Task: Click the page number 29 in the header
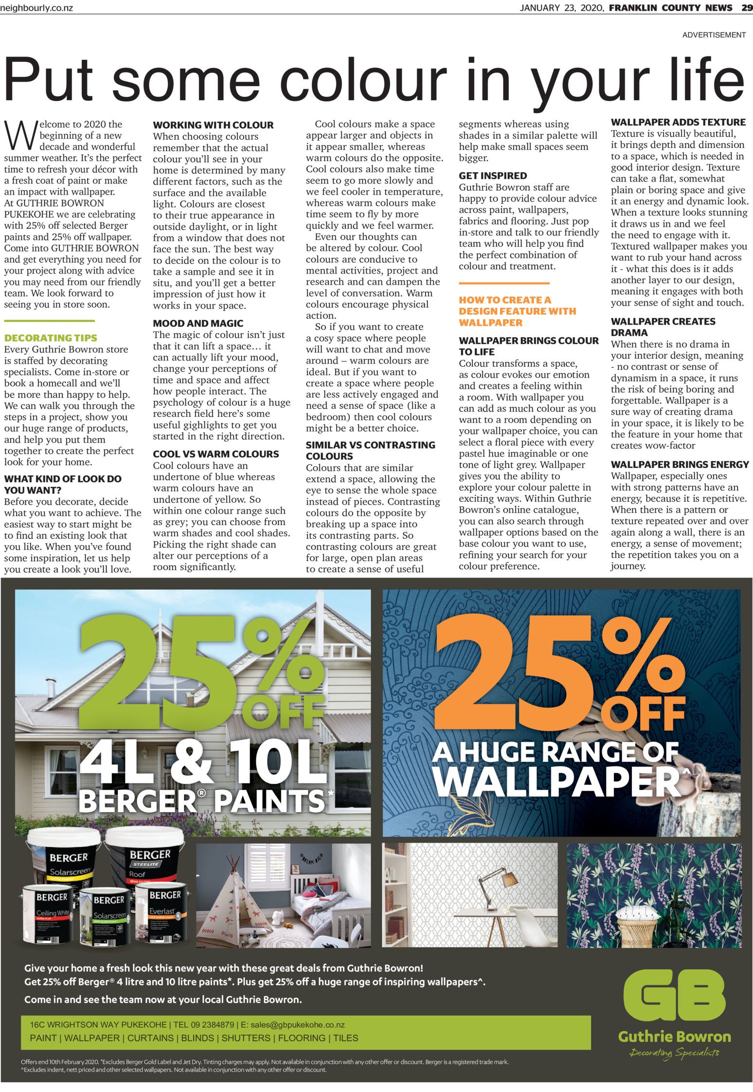(x=747, y=8)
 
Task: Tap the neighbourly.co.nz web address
(x=36, y=8)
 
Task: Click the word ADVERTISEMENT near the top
(x=714, y=35)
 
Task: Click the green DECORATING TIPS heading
(x=51, y=338)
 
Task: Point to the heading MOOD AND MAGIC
(x=198, y=323)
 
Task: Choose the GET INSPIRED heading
(x=493, y=176)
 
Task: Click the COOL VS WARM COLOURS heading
(x=216, y=454)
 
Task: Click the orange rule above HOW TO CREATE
(x=504, y=283)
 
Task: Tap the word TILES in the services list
(x=345, y=1037)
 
